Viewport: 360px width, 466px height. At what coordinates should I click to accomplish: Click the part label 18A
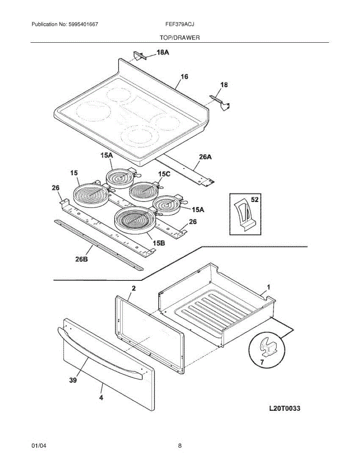[x=163, y=52]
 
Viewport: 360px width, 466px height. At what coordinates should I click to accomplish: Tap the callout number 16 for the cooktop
[x=184, y=77]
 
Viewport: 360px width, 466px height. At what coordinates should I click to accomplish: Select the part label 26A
[x=205, y=157]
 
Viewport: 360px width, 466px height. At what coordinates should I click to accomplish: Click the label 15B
[x=159, y=243]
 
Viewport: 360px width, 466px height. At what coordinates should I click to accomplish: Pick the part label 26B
[x=81, y=259]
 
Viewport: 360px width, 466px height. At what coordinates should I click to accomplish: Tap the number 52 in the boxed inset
[x=255, y=200]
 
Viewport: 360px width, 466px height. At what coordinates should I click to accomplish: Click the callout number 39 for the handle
[x=73, y=381]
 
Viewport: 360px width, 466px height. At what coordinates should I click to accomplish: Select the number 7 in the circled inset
[x=261, y=362]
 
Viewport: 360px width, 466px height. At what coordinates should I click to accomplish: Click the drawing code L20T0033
[x=285, y=409]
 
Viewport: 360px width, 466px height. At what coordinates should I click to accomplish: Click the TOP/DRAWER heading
[x=180, y=38]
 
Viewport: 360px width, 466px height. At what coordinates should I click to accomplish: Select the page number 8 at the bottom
[x=180, y=446]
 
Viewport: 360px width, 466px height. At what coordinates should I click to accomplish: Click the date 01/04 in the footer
[x=38, y=446]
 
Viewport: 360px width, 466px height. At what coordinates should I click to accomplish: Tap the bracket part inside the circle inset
[x=268, y=347]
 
